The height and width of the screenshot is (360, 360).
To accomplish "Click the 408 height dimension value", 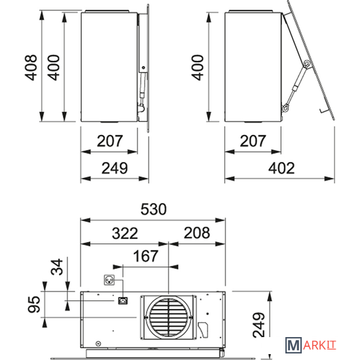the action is pos(31,67).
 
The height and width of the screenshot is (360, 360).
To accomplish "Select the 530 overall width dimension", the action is pos(153,209).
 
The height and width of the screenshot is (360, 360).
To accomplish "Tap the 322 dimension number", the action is pos(125,233).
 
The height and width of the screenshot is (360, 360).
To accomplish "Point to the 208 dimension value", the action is pos(197,233).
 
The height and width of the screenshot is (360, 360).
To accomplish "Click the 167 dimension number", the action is pos(145,256).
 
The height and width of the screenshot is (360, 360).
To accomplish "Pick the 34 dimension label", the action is pos(57,267).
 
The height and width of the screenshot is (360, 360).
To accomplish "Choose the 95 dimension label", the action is pos(34,304).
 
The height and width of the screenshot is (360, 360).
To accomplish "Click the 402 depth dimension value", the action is pos(281,168).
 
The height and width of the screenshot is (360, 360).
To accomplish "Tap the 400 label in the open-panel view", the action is pos(198,67).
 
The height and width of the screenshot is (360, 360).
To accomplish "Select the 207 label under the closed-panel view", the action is pos(110,141).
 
